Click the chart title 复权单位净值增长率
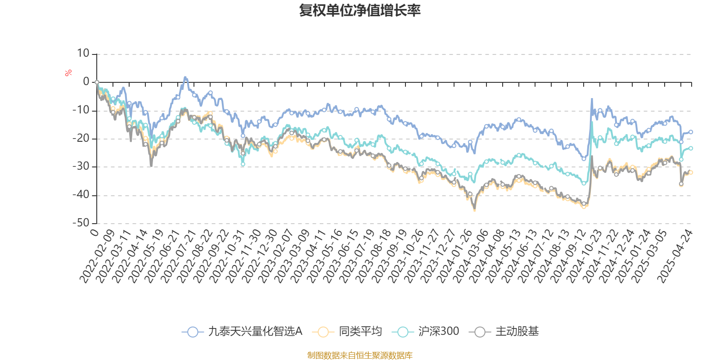pos(360,11)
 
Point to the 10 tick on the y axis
pos(83,54)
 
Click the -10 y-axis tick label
pos(81,110)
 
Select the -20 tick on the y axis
pos(81,139)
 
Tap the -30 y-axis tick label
pos(81,166)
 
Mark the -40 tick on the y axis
pos(81,195)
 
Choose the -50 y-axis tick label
pos(81,223)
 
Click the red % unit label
pos(68,73)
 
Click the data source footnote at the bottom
pos(360,355)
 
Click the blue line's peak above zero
pos(185,77)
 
